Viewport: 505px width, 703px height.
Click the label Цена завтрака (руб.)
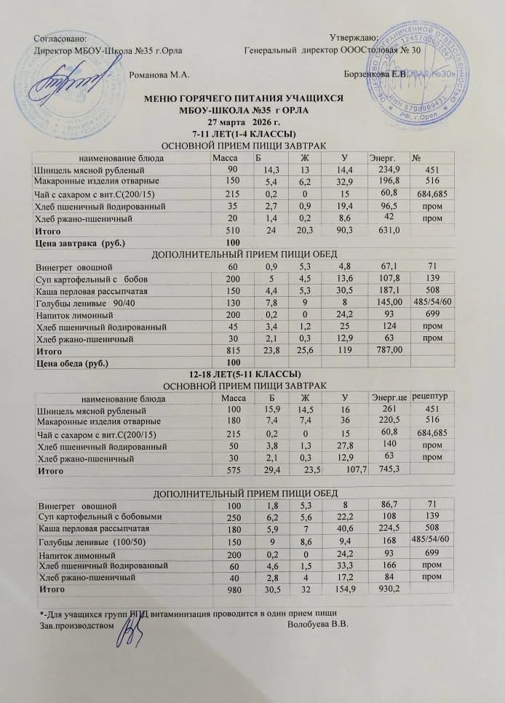point(70,242)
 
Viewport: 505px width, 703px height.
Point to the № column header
point(417,156)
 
